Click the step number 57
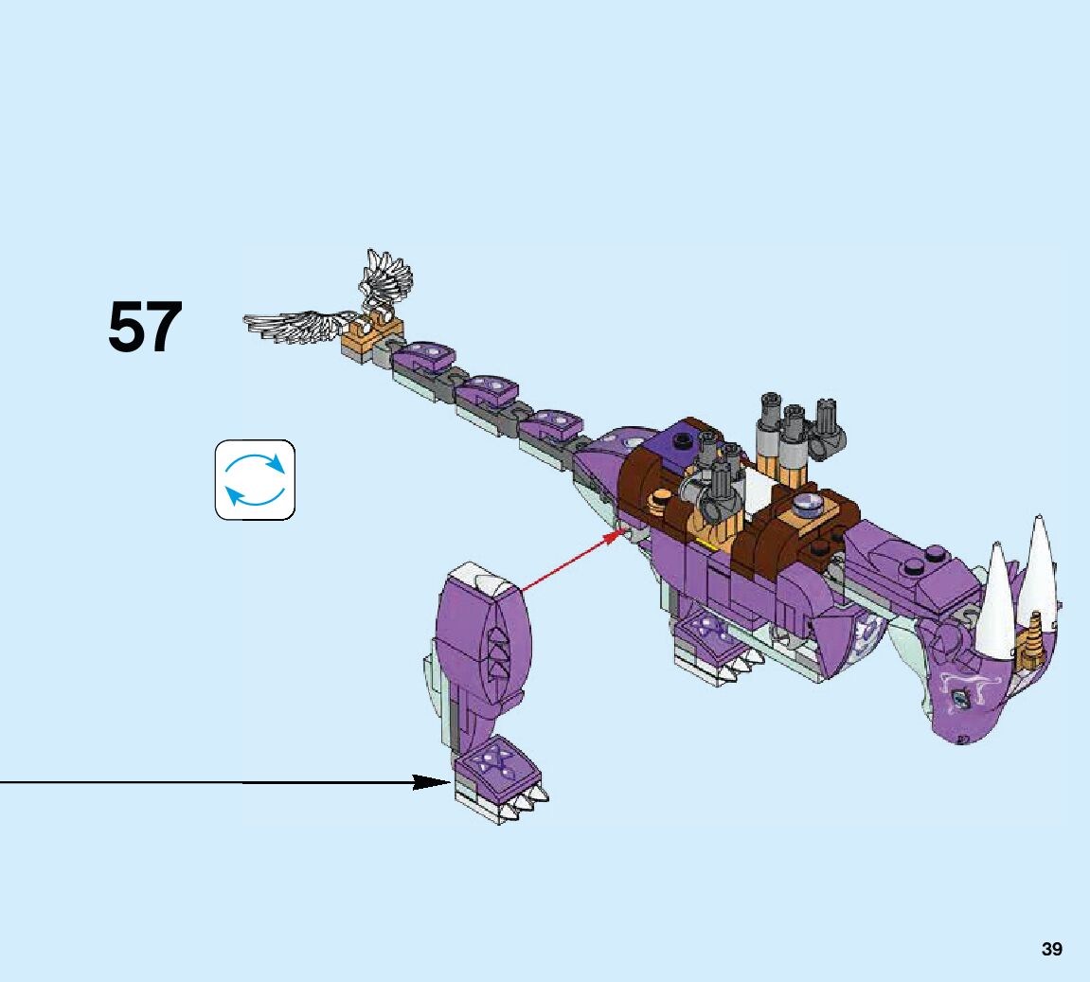pos(145,328)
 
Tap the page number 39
pos(1051,949)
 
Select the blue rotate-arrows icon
pos(255,479)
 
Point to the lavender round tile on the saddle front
pos(808,503)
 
